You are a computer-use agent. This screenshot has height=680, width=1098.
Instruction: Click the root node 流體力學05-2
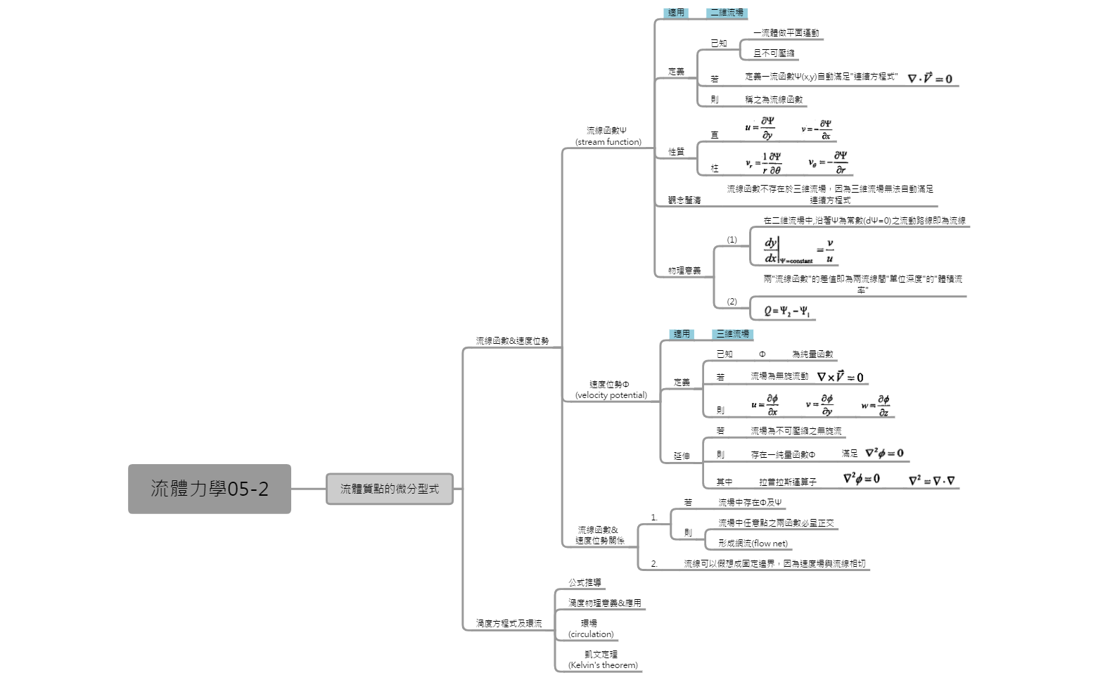pyautogui.click(x=209, y=489)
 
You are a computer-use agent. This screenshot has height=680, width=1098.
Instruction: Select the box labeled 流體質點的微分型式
pyautogui.click(x=389, y=489)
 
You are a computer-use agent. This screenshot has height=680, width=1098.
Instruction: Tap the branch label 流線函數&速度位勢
pyautogui.click(x=512, y=341)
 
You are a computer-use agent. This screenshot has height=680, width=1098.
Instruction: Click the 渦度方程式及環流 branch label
pyautogui.click(x=509, y=624)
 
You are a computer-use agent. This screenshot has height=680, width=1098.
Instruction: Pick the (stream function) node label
pyautogui.click(x=608, y=142)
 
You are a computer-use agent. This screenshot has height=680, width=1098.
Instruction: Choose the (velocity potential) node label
pyautogui.click(x=611, y=395)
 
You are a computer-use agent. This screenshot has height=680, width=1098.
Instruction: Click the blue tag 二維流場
pyautogui.click(x=727, y=13)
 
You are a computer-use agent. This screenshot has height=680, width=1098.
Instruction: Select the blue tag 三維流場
pyautogui.click(x=732, y=334)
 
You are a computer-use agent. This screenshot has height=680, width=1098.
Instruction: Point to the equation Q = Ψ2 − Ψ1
pyautogui.click(x=786, y=311)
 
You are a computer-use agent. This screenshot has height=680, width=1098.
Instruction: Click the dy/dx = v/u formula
pyautogui.click(x=798, y=250)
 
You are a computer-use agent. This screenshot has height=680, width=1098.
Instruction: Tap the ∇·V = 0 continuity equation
pyautogui.click(x=929, y=79)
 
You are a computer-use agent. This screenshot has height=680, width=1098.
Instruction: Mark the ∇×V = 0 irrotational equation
pyautogui.click(x=840, y=377)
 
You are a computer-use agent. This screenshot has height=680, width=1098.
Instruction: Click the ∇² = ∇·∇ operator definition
pyautogui.click(x=931, y=481)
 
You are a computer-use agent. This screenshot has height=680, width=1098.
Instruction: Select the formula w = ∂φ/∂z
pyautogui.click(x=876, y=405)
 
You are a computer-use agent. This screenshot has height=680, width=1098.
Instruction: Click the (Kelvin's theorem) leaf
pyautogui.click(x=603, y=665)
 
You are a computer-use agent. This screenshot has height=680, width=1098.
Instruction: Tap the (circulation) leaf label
pyautogui.click(x=591, y=634)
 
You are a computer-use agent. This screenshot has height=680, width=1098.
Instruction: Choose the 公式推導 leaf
pyautogui.click(x=585, y=583)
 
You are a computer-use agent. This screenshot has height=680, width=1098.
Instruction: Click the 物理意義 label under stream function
pyautogui.click(x=684, y=271)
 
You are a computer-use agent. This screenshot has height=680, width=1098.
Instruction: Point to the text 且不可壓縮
pyautogui.click(x=774, y=53)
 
